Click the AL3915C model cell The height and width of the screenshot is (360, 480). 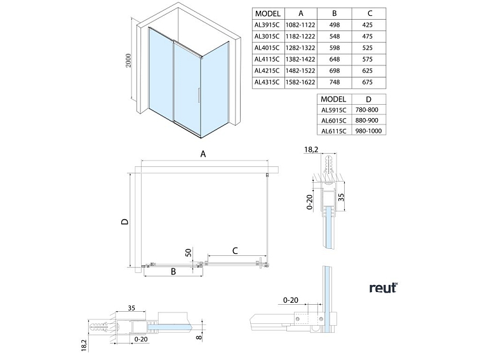267,24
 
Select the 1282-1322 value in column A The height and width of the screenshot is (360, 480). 302,47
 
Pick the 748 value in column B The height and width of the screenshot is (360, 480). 337,81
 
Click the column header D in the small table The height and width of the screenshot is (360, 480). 369,100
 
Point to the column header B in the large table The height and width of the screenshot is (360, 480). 337,13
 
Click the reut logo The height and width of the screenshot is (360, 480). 383,288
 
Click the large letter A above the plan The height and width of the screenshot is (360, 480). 204,154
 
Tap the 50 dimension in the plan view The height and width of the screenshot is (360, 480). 189,253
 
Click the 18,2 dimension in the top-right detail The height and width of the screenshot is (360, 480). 312,150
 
